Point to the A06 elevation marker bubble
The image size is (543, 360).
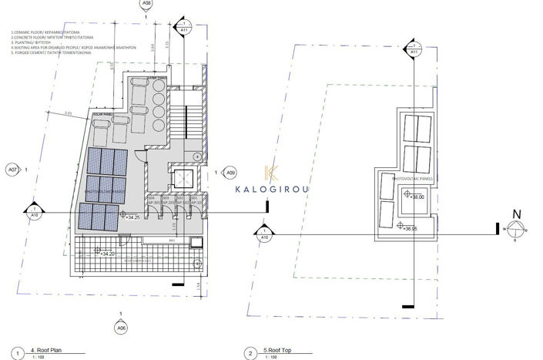(x=121, y=328)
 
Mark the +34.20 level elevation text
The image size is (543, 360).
(x=108, y=253)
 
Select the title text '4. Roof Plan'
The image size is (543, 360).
(x=47, y=350)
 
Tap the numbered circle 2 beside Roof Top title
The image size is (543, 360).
(x=250, y=353)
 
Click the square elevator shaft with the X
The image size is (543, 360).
(x=183, y=179)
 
